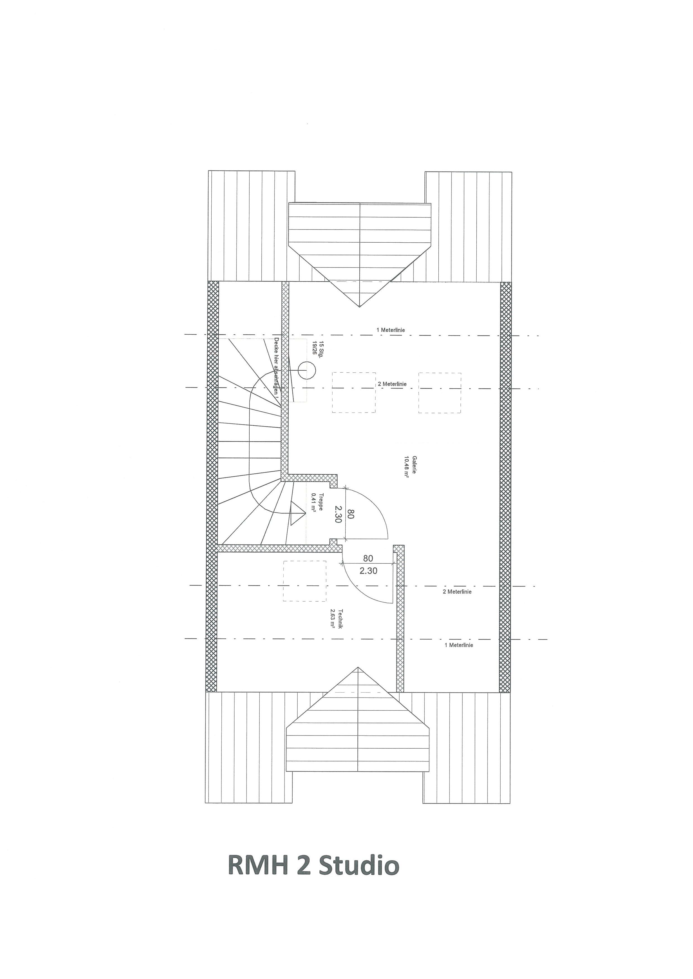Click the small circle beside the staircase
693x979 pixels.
click(306, 370)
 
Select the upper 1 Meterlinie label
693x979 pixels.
click(390, 330)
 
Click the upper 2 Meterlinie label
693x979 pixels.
click(392, 384)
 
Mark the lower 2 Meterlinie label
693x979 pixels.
click(457, 592)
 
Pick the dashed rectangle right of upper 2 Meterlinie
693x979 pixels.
click(439, 393)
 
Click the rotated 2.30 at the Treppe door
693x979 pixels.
click(338, 514)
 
